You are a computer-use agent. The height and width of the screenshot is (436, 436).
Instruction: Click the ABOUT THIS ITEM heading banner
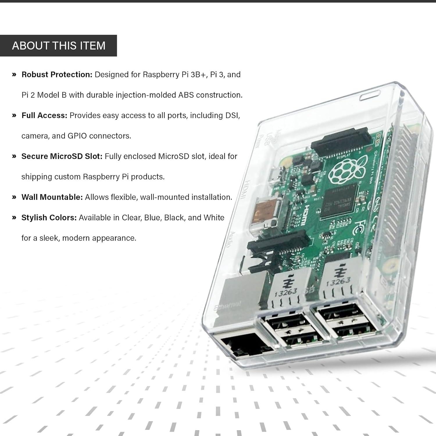58,46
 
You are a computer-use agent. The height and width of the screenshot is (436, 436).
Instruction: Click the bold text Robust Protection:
57,74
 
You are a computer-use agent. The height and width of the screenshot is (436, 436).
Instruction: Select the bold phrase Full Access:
44,115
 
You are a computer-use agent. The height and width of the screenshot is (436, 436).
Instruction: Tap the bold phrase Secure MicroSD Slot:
62,156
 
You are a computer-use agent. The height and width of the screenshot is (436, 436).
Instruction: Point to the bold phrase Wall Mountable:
52,197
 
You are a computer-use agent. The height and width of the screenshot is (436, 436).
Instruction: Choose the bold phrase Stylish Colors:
49,218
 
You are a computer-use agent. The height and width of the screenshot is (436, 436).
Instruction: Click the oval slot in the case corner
370,95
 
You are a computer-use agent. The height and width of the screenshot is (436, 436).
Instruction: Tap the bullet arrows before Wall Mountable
14,197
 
